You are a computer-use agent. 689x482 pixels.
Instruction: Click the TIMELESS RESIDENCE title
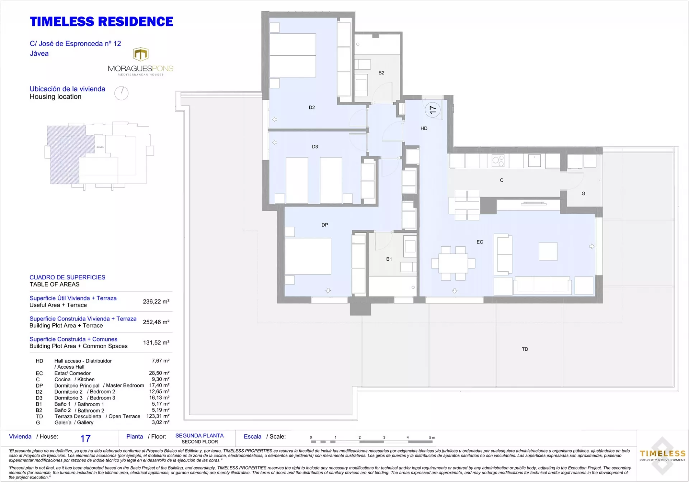(102, 22)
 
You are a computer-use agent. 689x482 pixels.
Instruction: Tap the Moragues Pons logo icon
(141, 54)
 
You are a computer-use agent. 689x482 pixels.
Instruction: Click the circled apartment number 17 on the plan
(432, 110)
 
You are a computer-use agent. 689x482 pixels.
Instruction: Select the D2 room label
(312, 108)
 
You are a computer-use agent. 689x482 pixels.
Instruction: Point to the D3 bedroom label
(315, 147)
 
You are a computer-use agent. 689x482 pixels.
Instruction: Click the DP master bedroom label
(325, 225)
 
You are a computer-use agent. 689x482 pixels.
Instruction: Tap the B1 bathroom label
(389, 259)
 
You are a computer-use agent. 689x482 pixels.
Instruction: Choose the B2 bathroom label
(381, 73)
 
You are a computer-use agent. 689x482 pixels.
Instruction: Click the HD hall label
(424, 128)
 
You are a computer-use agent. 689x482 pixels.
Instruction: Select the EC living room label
(480, 242)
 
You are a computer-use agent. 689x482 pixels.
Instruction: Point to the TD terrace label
(525, 349)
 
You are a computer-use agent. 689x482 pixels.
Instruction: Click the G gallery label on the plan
(583, 194)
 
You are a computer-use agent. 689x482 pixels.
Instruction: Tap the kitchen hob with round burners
(498, 160)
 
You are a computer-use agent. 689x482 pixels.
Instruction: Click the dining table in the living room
(453, 264)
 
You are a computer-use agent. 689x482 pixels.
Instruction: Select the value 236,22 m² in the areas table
(156, 302)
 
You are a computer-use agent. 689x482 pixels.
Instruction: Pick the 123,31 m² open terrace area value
(158, 416)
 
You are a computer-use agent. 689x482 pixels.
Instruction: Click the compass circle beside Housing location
(121, 93)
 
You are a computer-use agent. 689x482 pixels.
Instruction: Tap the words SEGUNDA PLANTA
(200, 436)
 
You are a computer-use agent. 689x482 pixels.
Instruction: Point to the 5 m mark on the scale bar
(432, 438)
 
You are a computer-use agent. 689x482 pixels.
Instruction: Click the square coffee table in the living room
(548, 251)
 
